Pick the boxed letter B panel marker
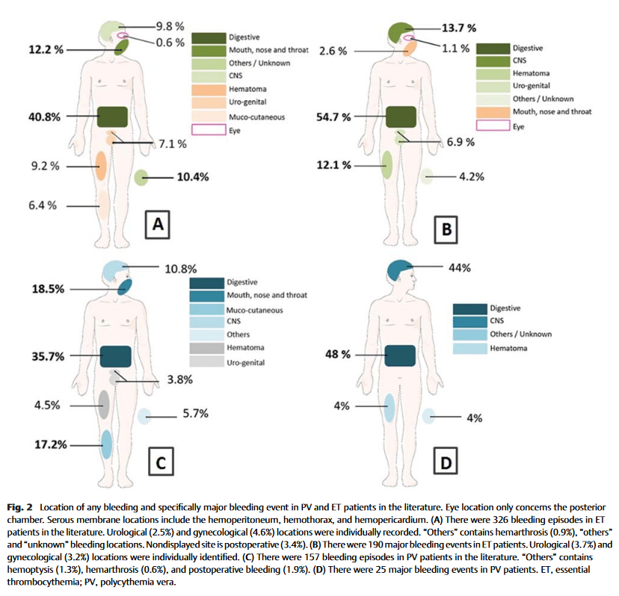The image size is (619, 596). coord(446,229)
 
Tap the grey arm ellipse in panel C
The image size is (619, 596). coord(104,404)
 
